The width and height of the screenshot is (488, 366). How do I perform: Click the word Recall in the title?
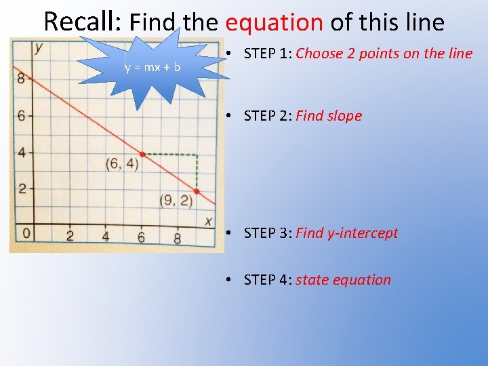click(82, 22)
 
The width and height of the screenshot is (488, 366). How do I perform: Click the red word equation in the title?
click(274, 22)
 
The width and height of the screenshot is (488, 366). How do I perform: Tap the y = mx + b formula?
click(152, 67)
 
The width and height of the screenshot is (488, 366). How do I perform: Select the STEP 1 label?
click(268, 54)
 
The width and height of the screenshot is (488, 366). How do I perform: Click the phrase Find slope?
click(329, 116)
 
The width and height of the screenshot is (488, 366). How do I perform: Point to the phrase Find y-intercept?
click(346, 233)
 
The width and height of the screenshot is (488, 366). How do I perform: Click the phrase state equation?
click(343, 280)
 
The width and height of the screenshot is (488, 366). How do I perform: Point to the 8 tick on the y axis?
click(20, 79)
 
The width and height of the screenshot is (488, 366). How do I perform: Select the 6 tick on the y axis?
click(20, 116)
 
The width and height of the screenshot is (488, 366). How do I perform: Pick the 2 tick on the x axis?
click(69, 237)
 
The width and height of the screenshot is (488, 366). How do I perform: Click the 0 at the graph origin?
click(26, 234)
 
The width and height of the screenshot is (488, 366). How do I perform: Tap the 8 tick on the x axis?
click(177, 238)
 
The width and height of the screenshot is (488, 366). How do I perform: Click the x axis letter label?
click(208, 222)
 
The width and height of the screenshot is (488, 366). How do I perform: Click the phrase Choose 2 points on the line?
click(384, 54)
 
